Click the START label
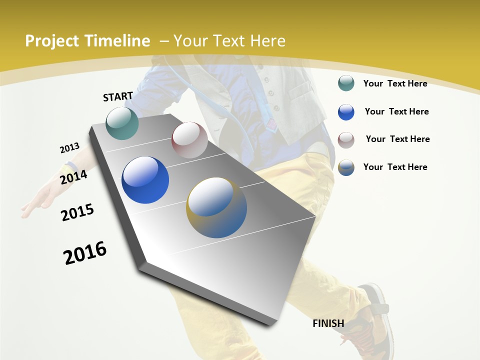[x=118, y=96]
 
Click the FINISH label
[x=328, y=323]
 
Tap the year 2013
[x=69, y=148]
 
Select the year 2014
[x=73, y=177]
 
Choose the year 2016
[x=85, y=253]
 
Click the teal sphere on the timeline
[x=122, y=123]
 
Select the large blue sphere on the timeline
[x=145, y=180]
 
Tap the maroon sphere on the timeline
[x=189, y=140]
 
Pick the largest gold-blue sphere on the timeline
[x=216, y=207]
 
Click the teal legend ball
[x=346, y=83]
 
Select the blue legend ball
[x=346, y=112]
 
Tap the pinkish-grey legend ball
[x=346, y=140]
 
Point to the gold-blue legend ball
[x=346, y=167]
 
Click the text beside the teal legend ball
[x=395, y=83]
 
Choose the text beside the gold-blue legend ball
[x=395, y=167]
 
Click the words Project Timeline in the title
[x=87, y=41]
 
